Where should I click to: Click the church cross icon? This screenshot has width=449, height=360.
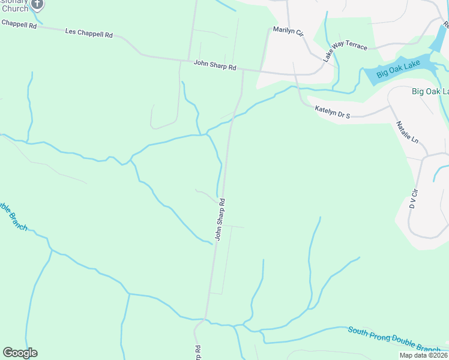[37, 4]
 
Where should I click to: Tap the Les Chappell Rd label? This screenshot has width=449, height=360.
[88, 35]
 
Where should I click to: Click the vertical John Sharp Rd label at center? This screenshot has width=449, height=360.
[220, 220]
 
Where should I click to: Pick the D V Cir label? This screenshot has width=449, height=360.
[413, 197]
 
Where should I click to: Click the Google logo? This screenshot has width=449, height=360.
[20, 353]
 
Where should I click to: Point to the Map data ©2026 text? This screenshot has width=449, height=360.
[423, 355]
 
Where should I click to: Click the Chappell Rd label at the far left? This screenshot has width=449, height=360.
[19, 23]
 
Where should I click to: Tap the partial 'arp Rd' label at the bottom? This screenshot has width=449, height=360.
[197, 352]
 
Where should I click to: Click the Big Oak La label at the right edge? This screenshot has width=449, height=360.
[430, 91]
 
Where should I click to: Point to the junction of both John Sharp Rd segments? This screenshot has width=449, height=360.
[243, 70]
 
